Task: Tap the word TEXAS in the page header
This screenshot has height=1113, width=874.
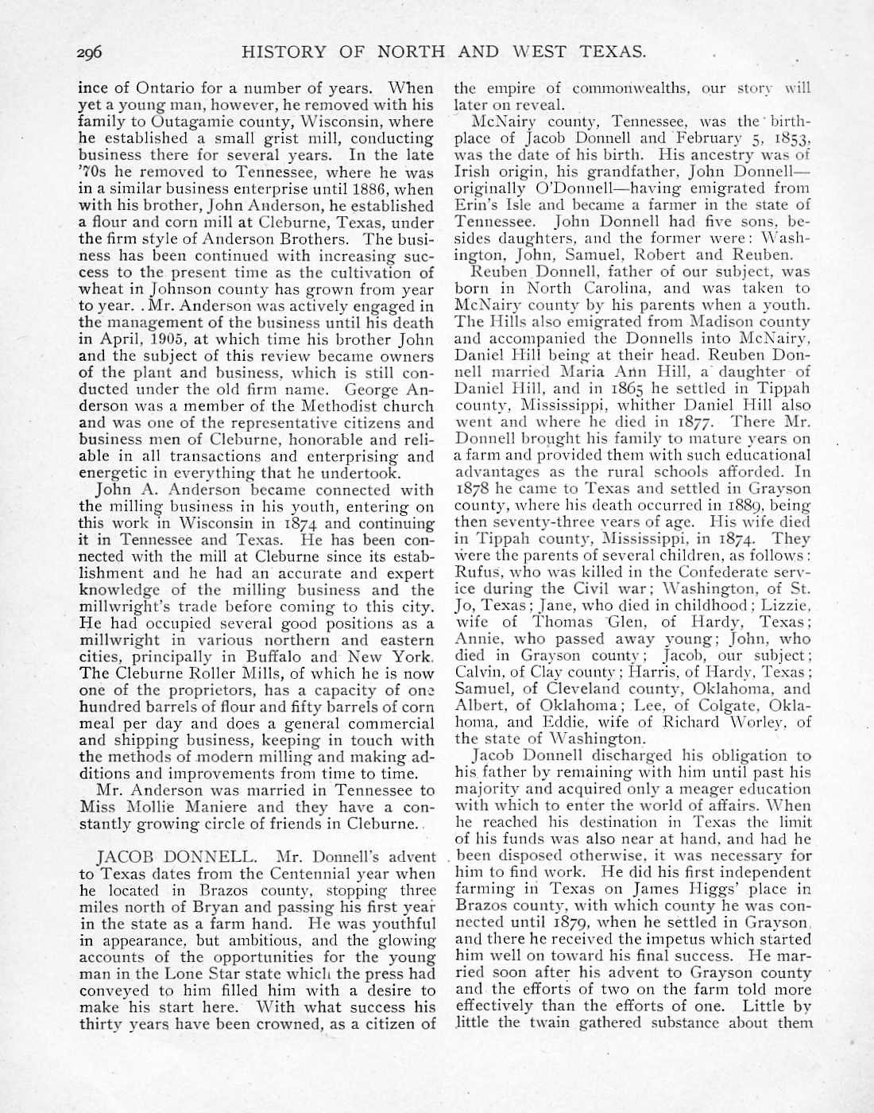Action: tap(605, 52)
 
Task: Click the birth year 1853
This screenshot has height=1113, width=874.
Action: tap(787, 138)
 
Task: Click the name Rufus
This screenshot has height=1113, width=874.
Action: tap(475, 572)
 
